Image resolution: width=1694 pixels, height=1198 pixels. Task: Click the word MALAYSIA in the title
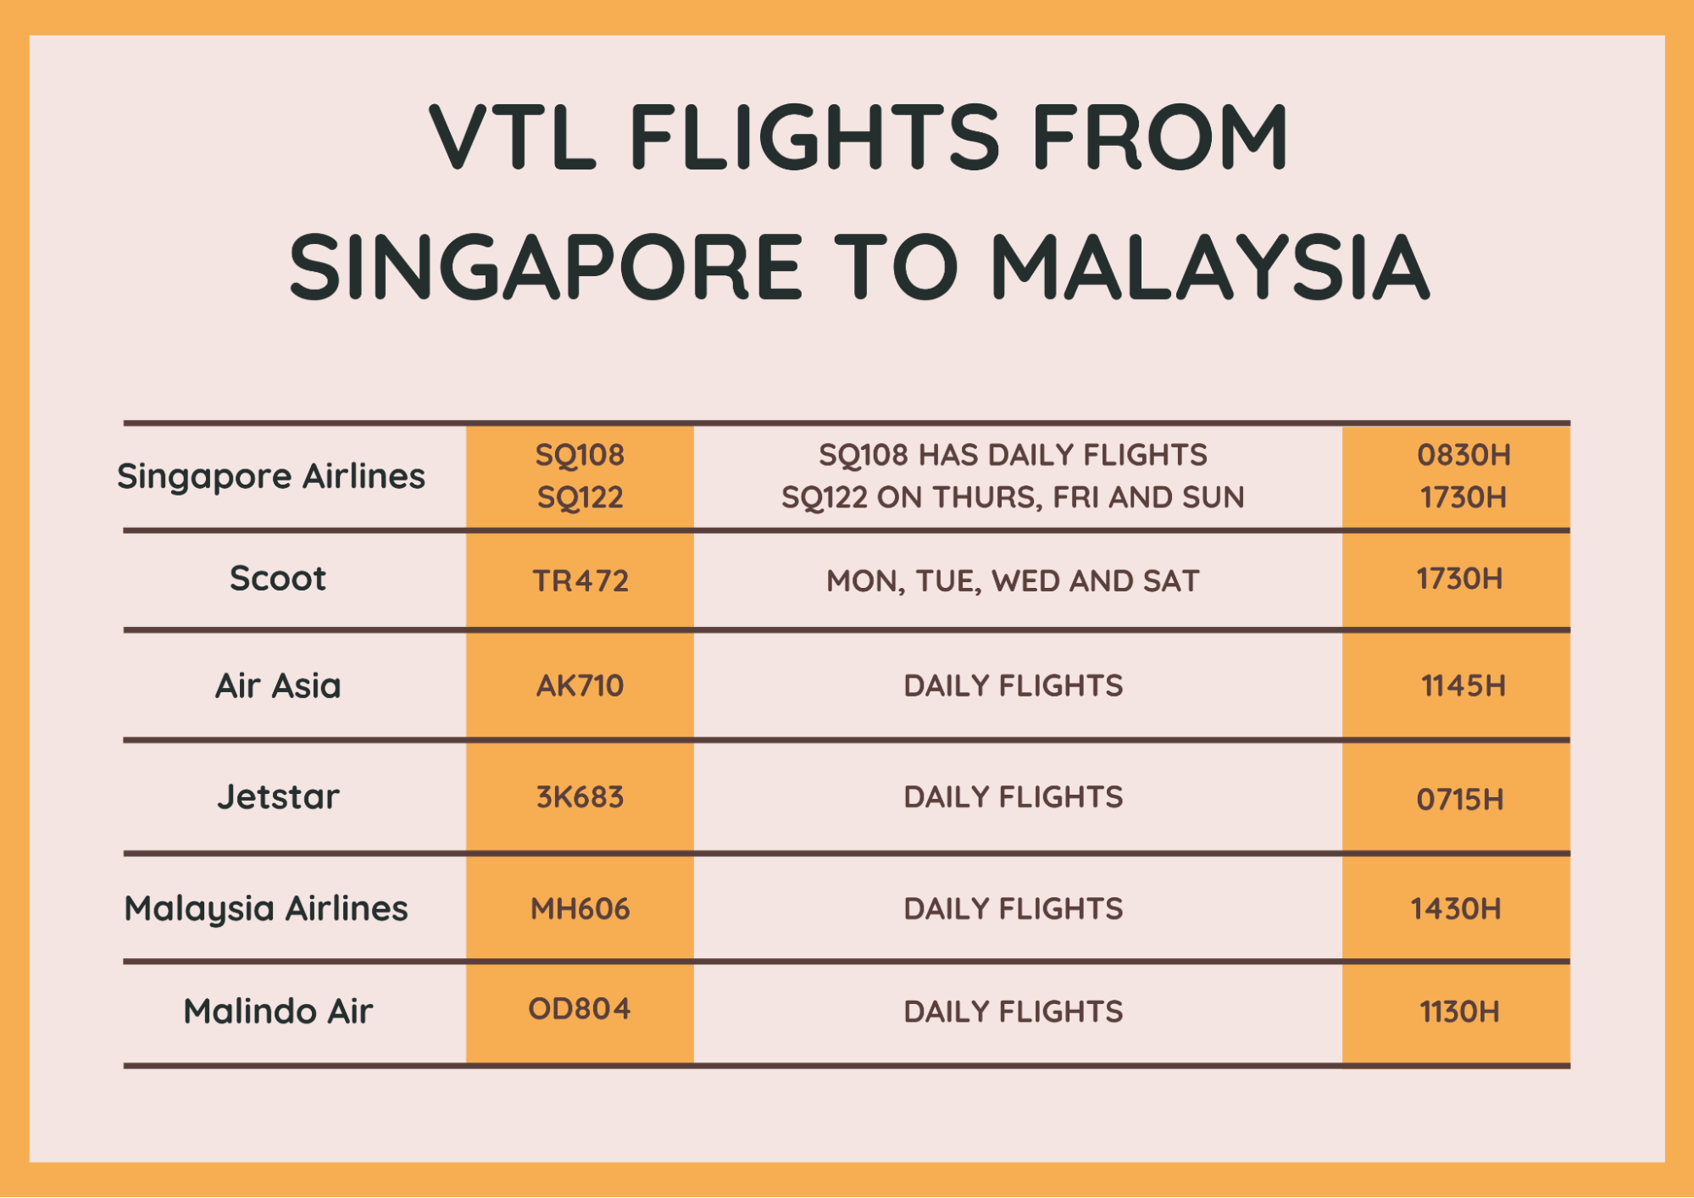[x=1210, y=267]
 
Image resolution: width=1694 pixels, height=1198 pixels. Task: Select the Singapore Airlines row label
[x=271, y=477]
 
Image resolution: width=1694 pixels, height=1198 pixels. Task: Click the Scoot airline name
[x=278, y=579]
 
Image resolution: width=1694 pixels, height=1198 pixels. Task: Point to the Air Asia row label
[x=278, y=685]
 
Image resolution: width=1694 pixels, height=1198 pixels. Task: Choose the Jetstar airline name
[x=278, y=796]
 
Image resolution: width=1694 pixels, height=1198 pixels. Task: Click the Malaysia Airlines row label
[x=266, y=909]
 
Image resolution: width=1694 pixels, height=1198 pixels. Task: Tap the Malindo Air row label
[x=278, y=1011]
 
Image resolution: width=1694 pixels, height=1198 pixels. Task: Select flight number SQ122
[x=580, y=497]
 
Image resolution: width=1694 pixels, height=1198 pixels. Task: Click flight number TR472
[x=580, y=581]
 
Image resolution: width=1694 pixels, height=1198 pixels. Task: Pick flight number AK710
[x=580, y=685]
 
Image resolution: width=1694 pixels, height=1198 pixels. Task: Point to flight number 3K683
[x=580, y=797]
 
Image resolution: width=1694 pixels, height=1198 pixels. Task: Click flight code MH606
[x=580, y=909]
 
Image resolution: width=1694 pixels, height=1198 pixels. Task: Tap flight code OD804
[x=580, y=1009]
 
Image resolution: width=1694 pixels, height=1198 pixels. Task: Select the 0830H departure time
[x=1464, y=455]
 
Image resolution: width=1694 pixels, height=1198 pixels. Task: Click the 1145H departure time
[x=1464, y=685]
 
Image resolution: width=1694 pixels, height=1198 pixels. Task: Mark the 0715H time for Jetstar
[x=1460, y=799]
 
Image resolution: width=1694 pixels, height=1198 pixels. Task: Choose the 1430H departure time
[x=1456, y=909]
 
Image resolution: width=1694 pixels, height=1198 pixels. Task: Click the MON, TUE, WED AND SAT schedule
[x=1014, y=581]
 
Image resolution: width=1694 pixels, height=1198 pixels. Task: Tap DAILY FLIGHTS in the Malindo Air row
[x=1014, y=1012]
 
